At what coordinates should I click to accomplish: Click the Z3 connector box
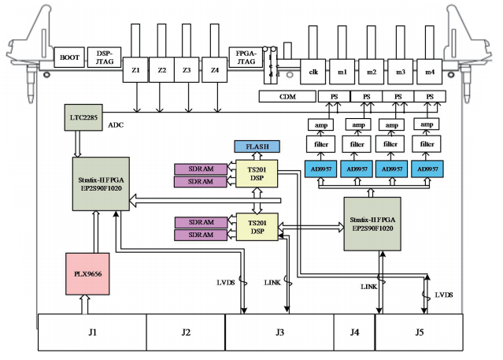(187, 70)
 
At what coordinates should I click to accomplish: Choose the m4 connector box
(430, 72)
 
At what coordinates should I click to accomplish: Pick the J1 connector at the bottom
(92, 332)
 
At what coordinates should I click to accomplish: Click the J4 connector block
(354, 332)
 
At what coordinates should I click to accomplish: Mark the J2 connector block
(186, 332)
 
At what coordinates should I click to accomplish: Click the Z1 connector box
(135, 70)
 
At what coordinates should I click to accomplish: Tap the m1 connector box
(342, 72)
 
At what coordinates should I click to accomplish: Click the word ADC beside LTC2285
(117, 124)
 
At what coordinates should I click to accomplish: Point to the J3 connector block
(279, 332)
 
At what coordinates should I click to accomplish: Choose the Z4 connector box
(215, 70)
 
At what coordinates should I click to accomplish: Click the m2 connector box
(372, 72)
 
